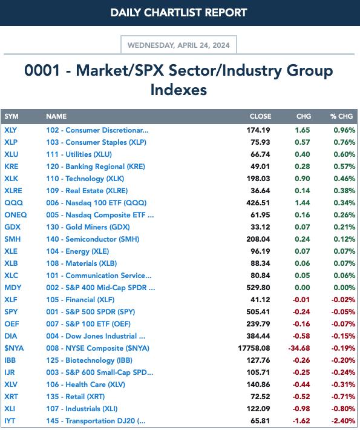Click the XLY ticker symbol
(x=10, y=130)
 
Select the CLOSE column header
(x=260, y=116)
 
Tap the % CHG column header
(x=341, y=116)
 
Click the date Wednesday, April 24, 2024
(x=178, y=45)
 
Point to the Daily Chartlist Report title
(x=178, y=13)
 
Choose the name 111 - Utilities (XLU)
(x=79, y=154)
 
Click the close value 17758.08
(x=254, y=348)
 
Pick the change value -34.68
(x=299, y=348)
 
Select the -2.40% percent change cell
(x=343, y=421)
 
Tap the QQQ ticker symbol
(x=14, y=203)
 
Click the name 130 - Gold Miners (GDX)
(x=88, y=227)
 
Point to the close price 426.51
(x=258, y=203)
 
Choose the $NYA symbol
(x=14, y=348)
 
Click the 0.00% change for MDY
(x=344, y=288)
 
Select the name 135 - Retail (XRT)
(x=76, y=397)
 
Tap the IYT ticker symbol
(x=10, y=421)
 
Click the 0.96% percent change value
(x=344, y=130)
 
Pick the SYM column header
(x=11, y=116)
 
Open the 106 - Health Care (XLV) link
(x=85, y=385)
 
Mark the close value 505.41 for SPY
(x=258, y=312)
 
